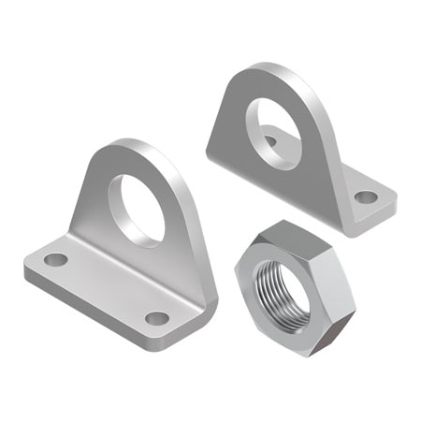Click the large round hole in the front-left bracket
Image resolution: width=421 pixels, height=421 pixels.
click(x=137, y=209)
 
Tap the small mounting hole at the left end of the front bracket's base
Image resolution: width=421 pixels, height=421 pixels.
click(x=57, y=259)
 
